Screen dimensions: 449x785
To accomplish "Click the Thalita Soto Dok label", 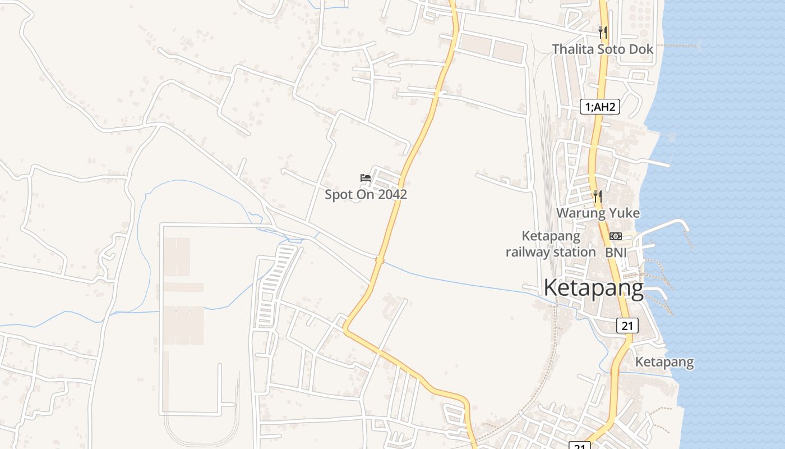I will [x=603, y=49].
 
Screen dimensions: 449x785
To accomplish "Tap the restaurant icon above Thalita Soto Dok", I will [x=603, y=31].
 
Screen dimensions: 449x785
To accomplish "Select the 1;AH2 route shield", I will [x=599, y=107].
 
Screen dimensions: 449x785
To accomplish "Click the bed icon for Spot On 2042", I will [x=366, y=178].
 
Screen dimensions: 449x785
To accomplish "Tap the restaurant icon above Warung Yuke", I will [x=598, y=196].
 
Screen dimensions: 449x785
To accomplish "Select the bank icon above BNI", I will [x=616, y=236].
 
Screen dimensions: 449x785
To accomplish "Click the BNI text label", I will [x=616, y=253].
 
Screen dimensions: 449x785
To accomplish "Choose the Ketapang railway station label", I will [x=551, y=244].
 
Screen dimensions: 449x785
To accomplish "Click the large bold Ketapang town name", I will [x=594, y=288].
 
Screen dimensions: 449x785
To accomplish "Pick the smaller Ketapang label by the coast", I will [x=664, y=363].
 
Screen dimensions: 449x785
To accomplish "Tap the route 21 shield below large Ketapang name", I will [x=627, y=325].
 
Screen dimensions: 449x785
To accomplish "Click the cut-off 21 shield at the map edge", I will [x=580, y=445].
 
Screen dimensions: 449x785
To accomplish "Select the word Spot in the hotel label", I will [x=338, y=195].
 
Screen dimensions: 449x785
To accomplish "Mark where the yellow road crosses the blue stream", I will [x=380, y=259].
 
